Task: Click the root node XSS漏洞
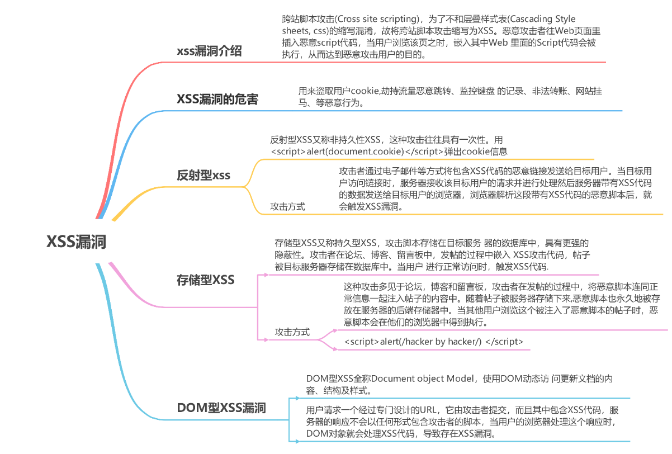75,242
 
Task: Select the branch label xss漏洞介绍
209,51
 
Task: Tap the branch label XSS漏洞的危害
217,100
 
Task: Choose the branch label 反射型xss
204,176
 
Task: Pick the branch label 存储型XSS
205,280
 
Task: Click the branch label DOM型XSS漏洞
221,408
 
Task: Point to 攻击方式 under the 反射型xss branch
287,206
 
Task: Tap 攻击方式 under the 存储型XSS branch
292,332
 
